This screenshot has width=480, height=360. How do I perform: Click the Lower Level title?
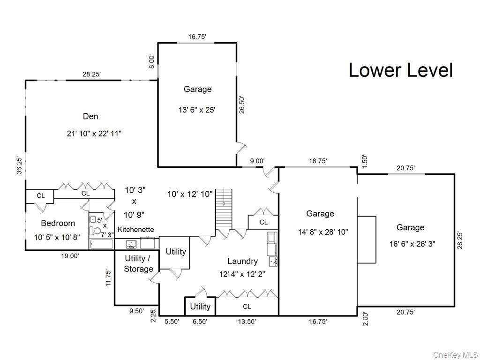click(x=401, y=70)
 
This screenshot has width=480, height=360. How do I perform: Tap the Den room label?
click(x=90, y=116)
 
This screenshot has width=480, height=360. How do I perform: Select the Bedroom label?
click(x=58, y=223)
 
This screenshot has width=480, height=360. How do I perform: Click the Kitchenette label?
click(x=135, y=230)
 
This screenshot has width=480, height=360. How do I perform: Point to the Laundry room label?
click(x=242, y=261)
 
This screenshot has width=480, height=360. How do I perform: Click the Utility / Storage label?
click(x=138, y=263)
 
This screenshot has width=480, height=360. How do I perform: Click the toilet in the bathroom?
click(x=97, y=230)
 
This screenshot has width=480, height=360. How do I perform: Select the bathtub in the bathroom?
click(x=101, y=244)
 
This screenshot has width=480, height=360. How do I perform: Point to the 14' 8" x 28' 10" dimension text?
click(x=323, y=232)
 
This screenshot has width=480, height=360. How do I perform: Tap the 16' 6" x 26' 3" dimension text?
click(x=410, y=243)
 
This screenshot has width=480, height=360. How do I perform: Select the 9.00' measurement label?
click(x=257, y=161)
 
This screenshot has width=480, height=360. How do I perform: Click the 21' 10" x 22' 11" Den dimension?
click(x=94, y=134)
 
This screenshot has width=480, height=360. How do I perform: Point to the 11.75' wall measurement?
click(x=108, y=277)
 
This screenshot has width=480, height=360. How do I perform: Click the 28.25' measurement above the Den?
click(x=91, y=74)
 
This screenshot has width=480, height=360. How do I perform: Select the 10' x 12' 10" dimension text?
click(x=191, y=194)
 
